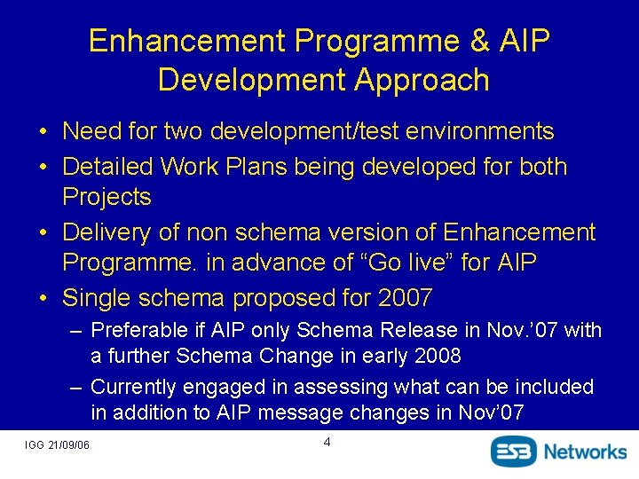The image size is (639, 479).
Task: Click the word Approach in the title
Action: (421, 80)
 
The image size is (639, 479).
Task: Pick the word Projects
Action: (106, 197)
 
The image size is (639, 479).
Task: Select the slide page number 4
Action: (327, 442)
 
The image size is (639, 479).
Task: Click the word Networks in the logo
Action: (585, 451)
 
